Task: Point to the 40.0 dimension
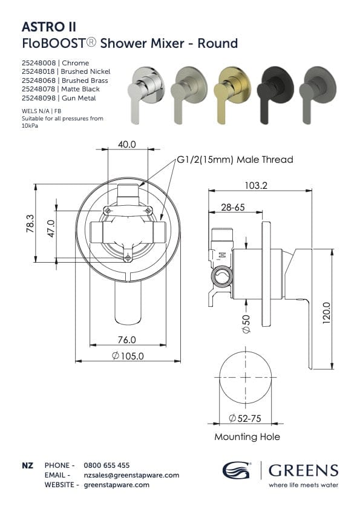[127, 145]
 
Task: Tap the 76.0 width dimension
[127, 340]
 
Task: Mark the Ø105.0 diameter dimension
[128, 356]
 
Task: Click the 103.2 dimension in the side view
[257, 185]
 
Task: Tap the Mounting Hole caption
[247, 436]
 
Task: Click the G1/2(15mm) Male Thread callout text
[235, 160]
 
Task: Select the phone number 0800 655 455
[106, 465]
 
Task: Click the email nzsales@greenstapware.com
[131, 475]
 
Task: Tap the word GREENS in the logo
[303, 470]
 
